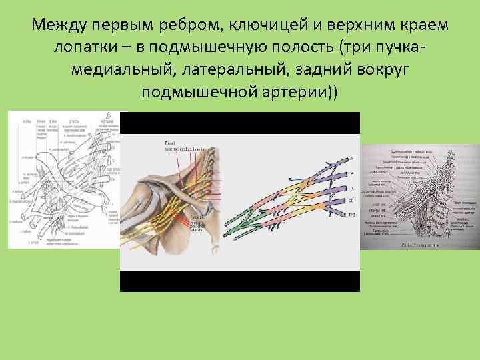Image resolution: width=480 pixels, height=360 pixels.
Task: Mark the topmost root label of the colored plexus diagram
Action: point(352,158)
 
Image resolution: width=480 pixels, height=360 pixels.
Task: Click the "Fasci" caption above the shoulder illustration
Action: point(168,143)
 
